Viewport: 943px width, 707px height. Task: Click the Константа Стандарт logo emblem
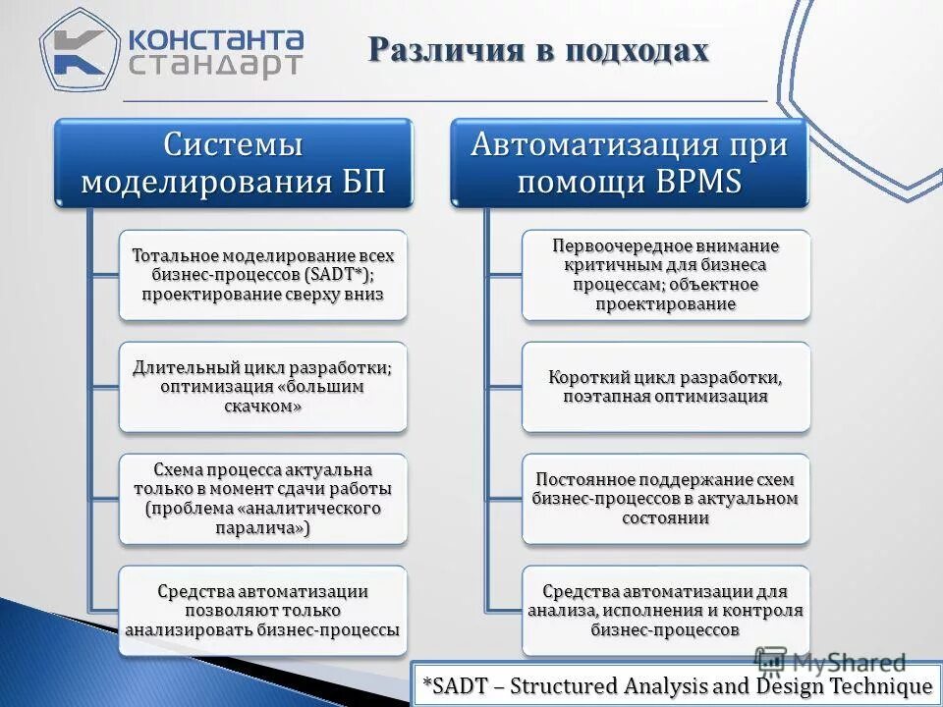(x=77, y=49)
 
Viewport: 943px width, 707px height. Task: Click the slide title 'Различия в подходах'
(x=538, y=50)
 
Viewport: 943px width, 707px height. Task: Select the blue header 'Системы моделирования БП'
(x=233, y=163)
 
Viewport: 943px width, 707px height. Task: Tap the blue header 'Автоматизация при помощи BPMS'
(x=629, y=163)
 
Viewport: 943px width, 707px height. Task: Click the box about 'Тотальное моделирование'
(x=262, y=275)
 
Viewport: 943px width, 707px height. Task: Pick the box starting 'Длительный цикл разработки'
(x=262, y=387)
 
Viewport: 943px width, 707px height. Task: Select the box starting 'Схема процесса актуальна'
(x=262, y=498)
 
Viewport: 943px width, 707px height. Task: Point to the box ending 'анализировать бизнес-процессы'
(x=262, y=611)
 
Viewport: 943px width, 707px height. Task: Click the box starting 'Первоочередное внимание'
(x=666, y=275)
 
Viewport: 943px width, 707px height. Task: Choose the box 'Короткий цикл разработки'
(x=666, y=387)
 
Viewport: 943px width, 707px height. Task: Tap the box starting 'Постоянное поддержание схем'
(x=666, y=498)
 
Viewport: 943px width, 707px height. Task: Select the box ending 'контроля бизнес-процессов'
(x=666, y=611)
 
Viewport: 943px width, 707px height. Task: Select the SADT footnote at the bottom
(x=676, y=685)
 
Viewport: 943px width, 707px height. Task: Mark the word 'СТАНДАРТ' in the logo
(x=215, y=66)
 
